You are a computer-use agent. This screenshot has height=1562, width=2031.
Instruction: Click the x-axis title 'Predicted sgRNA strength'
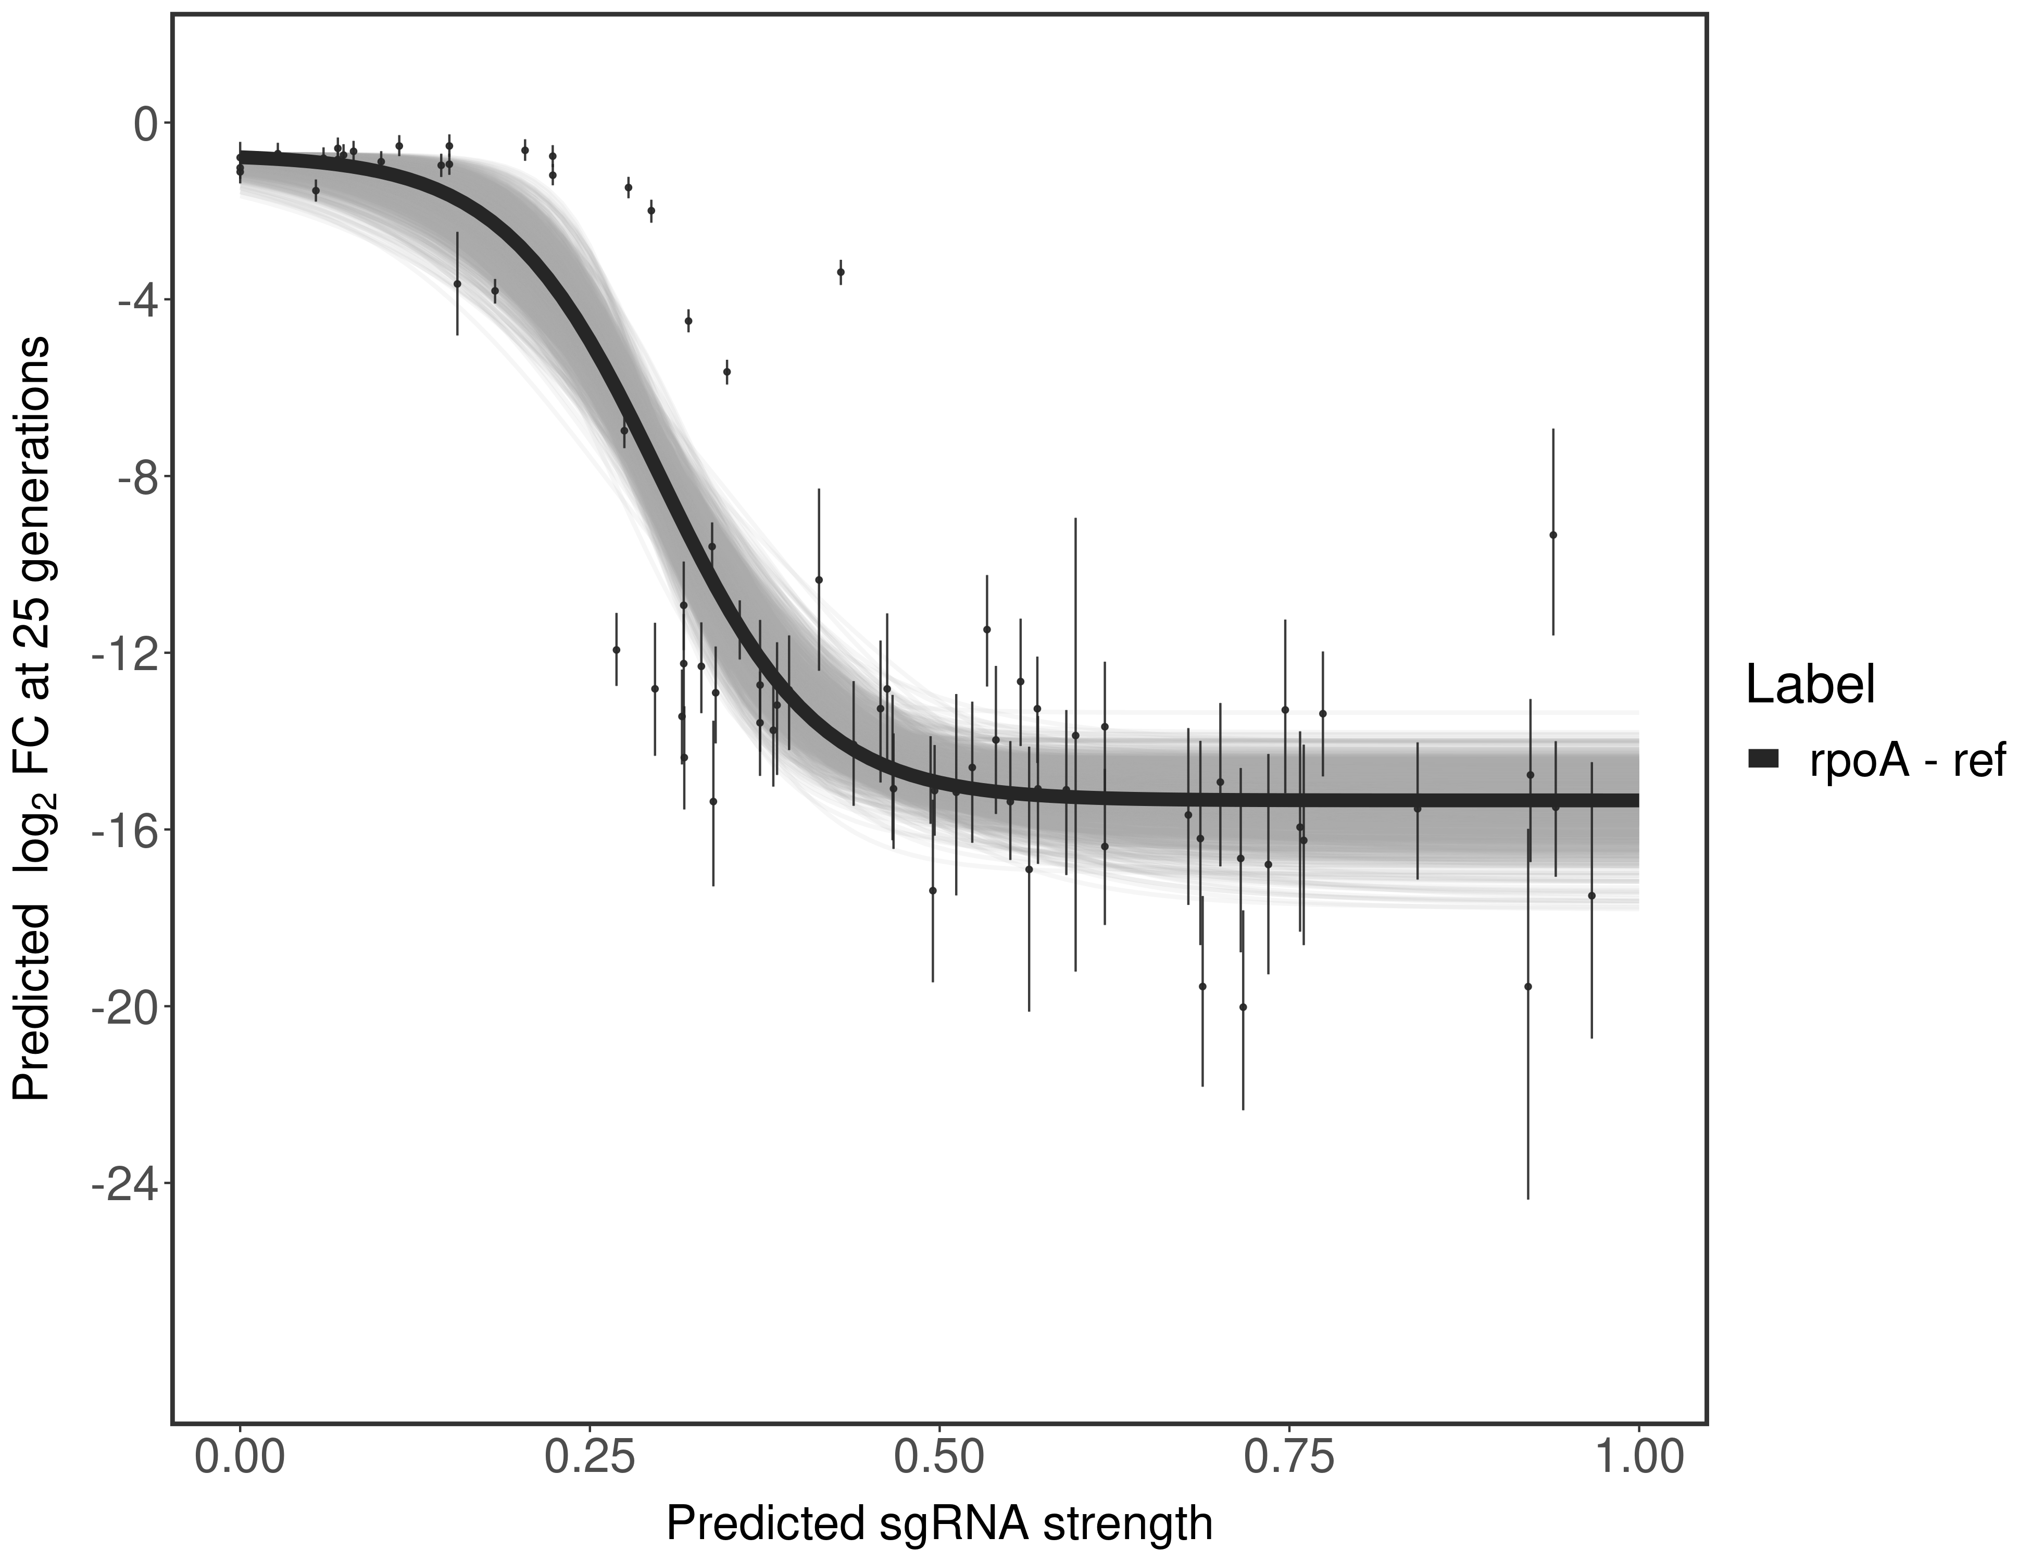click(939, 1526)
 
